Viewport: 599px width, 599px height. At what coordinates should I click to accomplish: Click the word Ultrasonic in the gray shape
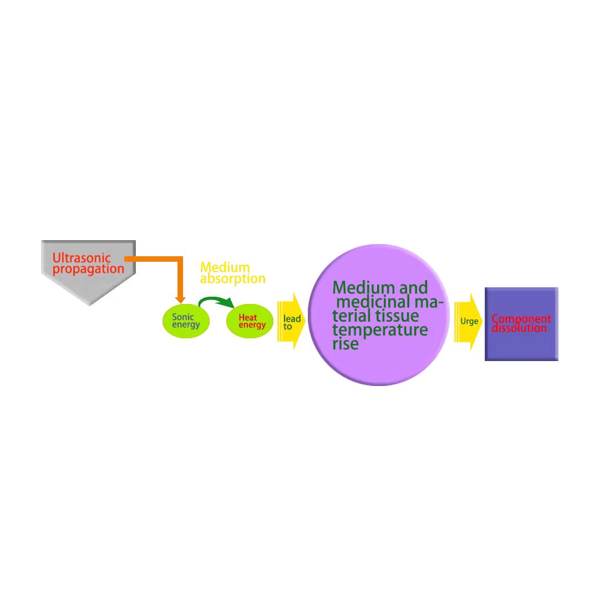click(x=82, y=258)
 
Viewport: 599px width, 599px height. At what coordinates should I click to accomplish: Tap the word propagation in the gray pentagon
click(x=88, y=270)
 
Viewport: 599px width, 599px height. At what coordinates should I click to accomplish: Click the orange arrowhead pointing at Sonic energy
click(x=180, y=300)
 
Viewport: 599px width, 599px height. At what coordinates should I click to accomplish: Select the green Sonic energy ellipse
click(x=186, y=321)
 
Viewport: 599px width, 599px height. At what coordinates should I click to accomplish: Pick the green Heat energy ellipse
click(x=250, y=321)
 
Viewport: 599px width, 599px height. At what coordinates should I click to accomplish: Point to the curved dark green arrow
click(x=215, y=299)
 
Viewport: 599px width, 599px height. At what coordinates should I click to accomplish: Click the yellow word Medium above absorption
click(x=225, y=267)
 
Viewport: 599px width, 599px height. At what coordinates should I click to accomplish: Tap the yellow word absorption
click(x=232, y=279)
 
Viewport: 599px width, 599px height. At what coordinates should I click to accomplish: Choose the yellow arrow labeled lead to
click(x=291, y=321)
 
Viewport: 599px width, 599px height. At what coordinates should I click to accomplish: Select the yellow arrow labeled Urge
click(x=468, y=321)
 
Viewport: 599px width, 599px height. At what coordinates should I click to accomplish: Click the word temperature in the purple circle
click(x=380, y=330)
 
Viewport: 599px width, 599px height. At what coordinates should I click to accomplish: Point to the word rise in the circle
click(x=346, y=344)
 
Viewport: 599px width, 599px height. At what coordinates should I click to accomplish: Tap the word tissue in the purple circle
click(x=397, y=316)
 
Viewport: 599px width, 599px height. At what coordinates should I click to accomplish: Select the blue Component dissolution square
click(x=521, y=324)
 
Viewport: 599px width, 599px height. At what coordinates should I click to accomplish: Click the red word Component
click(x=521, y=319)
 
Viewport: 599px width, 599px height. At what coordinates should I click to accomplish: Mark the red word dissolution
click(x=519, y=328)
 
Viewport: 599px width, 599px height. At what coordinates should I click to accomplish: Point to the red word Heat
click(x=247, y=317)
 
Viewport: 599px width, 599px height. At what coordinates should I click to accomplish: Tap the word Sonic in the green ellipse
click(x=182, y=317)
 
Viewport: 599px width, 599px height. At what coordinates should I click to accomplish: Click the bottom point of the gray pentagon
click(x=90, y=306)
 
